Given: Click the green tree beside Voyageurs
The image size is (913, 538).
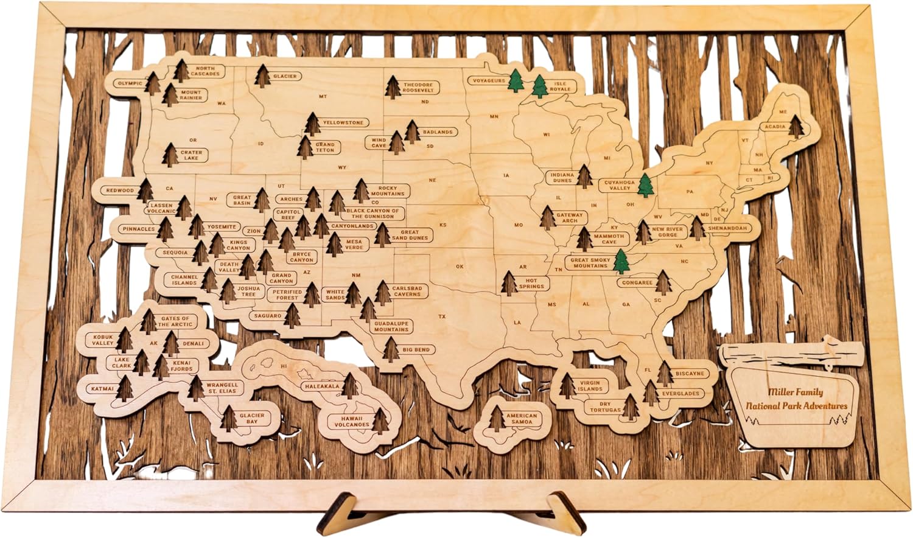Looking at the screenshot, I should (x=516, y=80).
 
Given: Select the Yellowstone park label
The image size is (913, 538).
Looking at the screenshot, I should (x=343, y=123).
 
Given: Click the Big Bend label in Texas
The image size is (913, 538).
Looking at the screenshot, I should (x=416, y=350).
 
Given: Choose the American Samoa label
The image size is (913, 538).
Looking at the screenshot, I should (x=522, y=419).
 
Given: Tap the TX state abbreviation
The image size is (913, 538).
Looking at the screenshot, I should (x=443, y=316).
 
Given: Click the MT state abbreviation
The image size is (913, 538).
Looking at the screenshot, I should (x=323, y=96).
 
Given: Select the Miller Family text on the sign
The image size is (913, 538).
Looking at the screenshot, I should (x=795, y=393).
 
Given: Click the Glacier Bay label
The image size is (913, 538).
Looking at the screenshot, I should (x=251, y=418).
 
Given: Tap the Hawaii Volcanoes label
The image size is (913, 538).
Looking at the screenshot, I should (x=351, y=421).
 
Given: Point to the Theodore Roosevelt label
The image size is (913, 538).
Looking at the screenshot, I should (x=418, y=88).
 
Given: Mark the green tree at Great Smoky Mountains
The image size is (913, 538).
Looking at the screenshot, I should (x=621, y=262).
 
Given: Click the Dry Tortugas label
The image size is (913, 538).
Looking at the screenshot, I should (x=604, y=407).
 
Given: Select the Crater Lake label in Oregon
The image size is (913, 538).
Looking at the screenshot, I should (x=191, y=155).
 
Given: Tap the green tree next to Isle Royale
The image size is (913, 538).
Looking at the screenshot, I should (x=540, y=86).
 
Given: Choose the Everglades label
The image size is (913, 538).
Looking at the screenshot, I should (x=680, y=393).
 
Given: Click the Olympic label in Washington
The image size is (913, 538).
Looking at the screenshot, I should (x=130, y=84).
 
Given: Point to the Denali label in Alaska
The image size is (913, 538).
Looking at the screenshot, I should (x=193, y=344).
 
